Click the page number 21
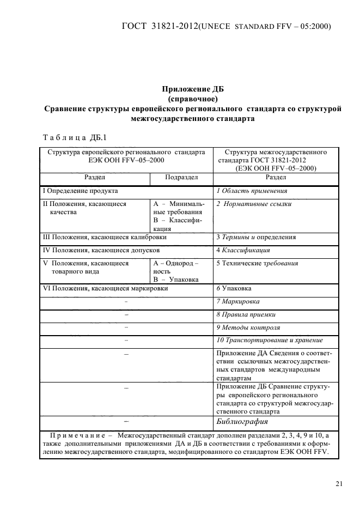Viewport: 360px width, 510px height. (339, 483)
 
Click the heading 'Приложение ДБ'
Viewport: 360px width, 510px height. (193, 89)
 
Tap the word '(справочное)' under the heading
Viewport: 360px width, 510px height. (193, 99)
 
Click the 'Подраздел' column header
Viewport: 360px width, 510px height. (181, 178)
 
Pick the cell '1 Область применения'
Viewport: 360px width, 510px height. (252, 191)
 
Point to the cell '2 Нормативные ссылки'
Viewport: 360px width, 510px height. (254, 204)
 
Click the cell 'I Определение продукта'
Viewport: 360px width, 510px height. (80, 191)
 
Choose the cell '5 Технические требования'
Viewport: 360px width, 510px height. (257, 263)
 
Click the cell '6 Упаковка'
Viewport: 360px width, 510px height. (234, 288)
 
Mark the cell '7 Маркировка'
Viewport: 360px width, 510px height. (238, 301)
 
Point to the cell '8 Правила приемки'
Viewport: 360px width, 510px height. (246, 314)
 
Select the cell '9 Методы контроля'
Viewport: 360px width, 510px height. (248, 327)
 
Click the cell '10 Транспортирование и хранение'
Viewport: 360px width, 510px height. (270, 341)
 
